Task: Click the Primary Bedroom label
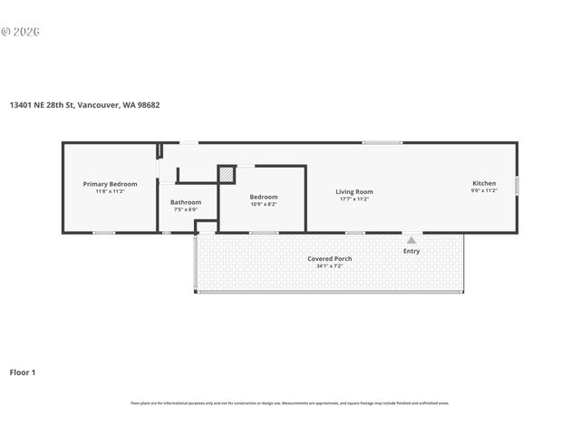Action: [x=110, y=184]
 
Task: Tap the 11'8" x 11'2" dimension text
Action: [x=110, y=191]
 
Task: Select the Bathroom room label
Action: [x=186, y=202]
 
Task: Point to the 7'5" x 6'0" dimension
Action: [x=186, y=209]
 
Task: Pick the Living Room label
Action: [x=354, y=191]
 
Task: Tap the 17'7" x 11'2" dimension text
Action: [x=354, y=198]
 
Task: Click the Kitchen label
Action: [x=483, y=184]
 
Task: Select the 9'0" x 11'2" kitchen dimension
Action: [x=483, y=191]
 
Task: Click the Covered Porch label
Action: [x=330, y=258]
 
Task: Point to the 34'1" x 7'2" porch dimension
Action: [x=330, y=266]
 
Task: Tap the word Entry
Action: [x=411, y=251]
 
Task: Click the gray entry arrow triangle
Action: [x=411, y=240]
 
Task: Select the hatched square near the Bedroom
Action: [x=227, y=174]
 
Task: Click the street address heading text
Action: [x=85, y=104]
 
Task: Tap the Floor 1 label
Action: [x=23, y=372]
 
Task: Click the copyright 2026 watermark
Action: [x=20, y=31]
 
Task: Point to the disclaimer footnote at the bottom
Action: [x=290, y=403]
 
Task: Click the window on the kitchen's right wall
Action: [x=517, y=186]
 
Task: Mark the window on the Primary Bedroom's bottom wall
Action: [x=104, y=233]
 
